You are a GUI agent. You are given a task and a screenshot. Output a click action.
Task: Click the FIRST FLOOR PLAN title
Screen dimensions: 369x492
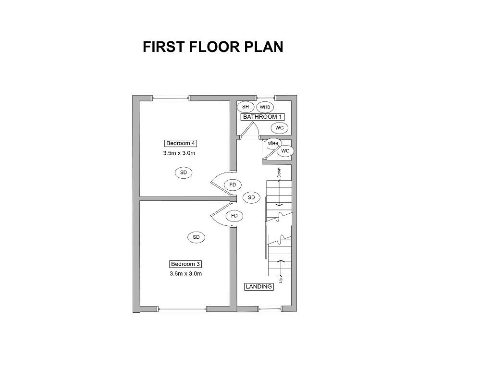pyautogui.click(x=213, y=47)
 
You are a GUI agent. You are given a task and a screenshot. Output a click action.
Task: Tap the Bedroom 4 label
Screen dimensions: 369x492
pyautogui.click(x=180, y=143)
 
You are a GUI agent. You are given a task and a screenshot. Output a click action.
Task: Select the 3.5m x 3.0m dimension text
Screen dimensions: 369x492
pyautogui.click(x=179, y=153)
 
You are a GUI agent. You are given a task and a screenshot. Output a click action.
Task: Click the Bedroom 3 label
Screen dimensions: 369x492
pyautogui.click(x=185, y=264)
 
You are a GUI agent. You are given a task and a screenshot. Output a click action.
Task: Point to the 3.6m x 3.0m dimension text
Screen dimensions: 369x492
pyautogui.click(x=185, y=274)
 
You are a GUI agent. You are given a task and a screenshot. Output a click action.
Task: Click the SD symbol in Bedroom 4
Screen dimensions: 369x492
pyautogui.click(x=183, y=172)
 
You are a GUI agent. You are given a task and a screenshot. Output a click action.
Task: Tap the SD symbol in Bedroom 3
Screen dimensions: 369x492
pyautogui.click(x=196, y=237)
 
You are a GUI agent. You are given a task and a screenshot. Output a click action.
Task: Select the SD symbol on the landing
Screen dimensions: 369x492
pyautogui.click(x=251, y=197)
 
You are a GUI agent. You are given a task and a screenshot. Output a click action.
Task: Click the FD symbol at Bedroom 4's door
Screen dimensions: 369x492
pyautogui.click(x=233, y=184)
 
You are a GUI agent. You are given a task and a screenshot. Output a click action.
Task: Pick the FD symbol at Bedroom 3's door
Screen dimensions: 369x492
pyautogui.click(x=234, y=216)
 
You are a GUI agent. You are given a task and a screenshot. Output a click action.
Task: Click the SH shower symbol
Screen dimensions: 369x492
pyautogui.click(x=245, y=107)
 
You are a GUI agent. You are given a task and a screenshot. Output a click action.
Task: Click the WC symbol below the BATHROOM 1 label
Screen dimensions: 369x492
pyautogui.click(x=280, y=128)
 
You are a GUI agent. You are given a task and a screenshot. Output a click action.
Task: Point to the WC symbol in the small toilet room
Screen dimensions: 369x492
pyautogui.click(x=285, y=151)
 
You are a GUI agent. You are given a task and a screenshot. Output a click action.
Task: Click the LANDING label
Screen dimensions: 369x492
pyautogui.click(x=259, y=287)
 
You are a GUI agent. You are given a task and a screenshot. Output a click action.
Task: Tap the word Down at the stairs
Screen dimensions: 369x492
pyautogui.click(x=279, y=172)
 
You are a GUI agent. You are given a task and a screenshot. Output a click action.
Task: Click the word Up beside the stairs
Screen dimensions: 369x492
pyautogui.click(x=281, y=279)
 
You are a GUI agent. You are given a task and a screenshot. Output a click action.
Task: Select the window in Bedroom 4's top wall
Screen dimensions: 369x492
pyautogui.click(x=171, y=98)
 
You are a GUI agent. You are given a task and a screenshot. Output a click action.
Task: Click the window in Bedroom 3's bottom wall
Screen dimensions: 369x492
pyautogui.click(x=183, y=309)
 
